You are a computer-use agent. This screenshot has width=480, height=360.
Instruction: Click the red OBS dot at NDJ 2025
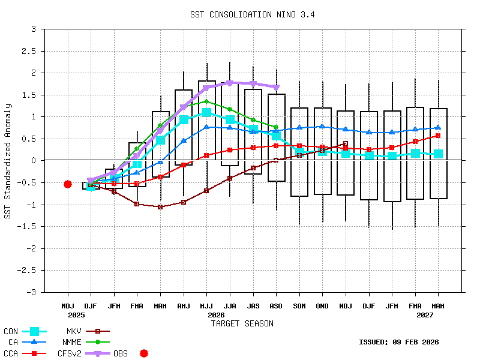(68, 184)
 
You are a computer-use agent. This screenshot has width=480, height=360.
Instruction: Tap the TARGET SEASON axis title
(242, 323)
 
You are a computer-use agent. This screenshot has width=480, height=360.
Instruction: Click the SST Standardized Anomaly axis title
(8, 161)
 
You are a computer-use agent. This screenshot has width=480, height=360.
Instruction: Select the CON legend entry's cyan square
(34, 331)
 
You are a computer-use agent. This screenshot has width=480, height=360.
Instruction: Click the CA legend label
(13, 343)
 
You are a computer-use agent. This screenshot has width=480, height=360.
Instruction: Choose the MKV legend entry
(74, 331)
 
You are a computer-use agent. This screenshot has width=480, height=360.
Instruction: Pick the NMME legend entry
(71, 343)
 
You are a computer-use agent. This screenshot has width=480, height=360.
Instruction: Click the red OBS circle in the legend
(144, 354)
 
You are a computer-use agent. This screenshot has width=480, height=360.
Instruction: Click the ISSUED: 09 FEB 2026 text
(398, 343)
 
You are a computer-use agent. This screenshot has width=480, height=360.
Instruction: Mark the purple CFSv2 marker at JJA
(229, 83)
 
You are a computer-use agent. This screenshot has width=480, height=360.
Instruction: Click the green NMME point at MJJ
(206, 101)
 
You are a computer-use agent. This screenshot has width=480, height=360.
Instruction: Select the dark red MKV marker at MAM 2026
(160, 207)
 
